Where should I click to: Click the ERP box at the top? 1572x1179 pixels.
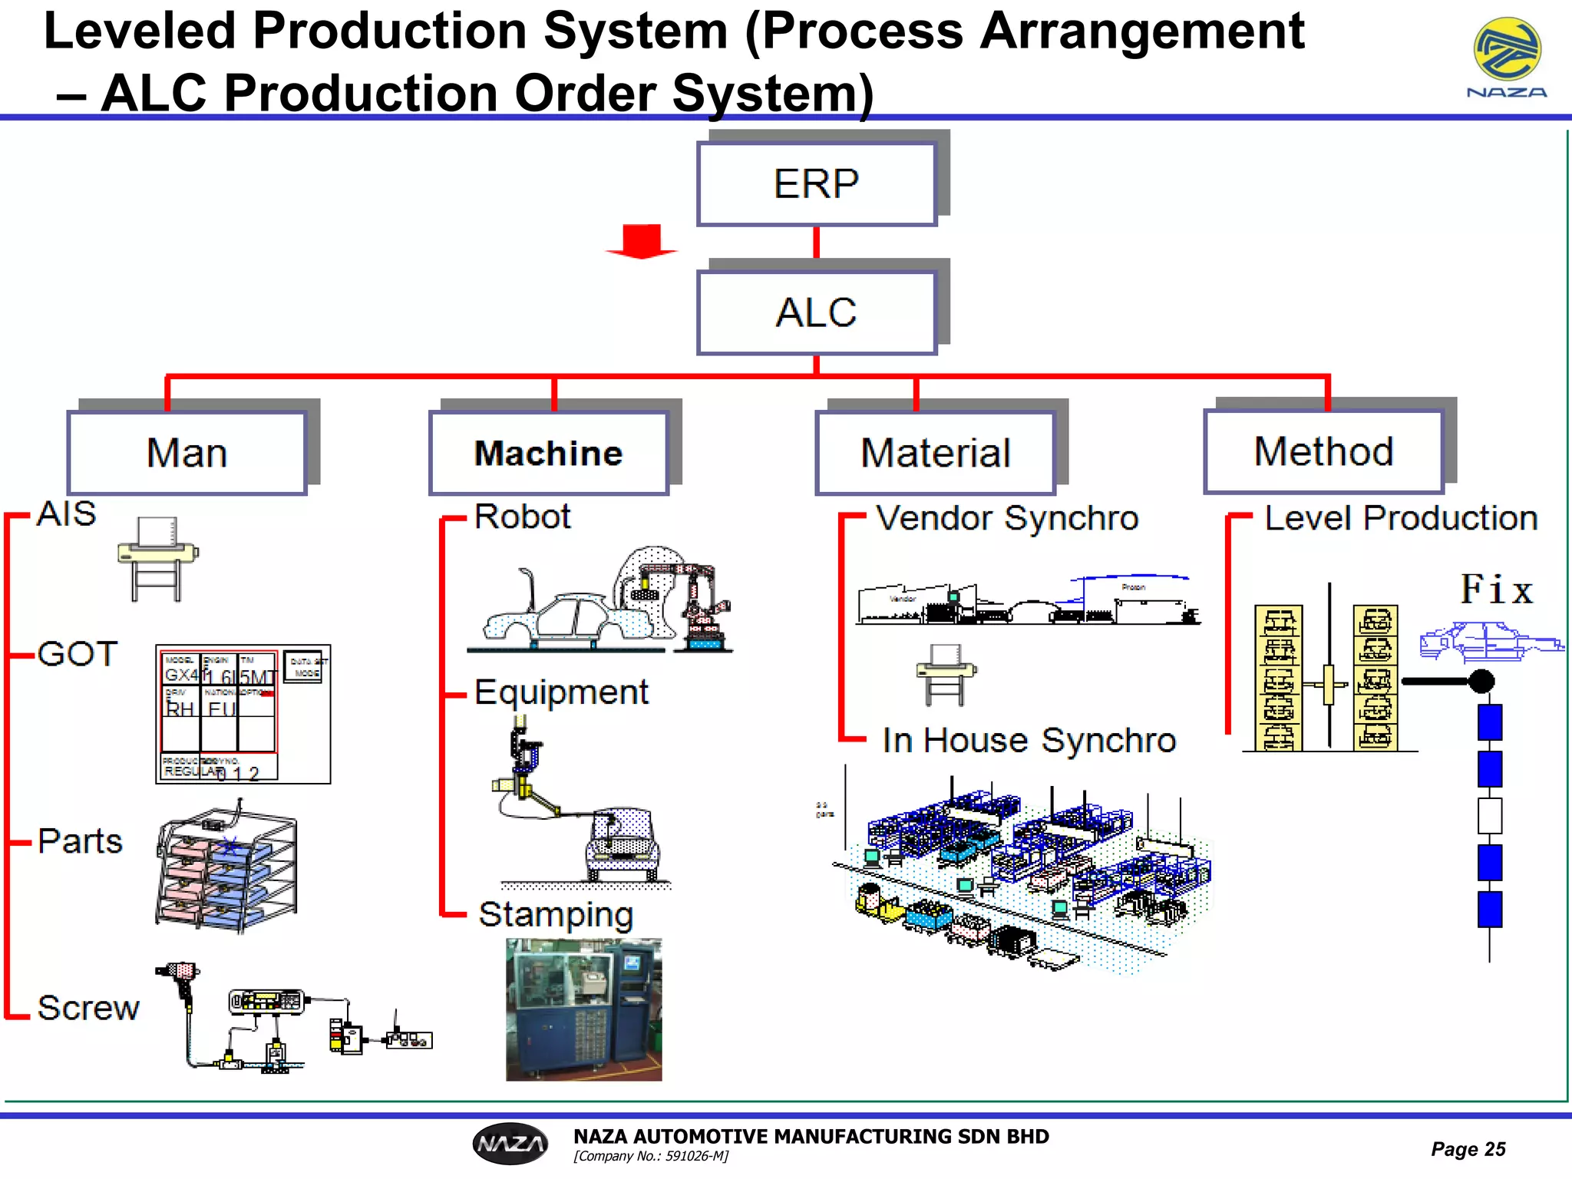pos(817,184)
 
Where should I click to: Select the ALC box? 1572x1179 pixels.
pos(817,313)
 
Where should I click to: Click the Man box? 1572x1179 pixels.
pos(187,453)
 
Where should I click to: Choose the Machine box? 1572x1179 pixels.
pos(549,453)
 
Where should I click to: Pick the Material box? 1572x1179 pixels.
pos(936,453)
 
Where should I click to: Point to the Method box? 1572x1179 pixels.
pos(1324,451)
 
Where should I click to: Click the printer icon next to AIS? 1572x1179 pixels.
pos(158,559)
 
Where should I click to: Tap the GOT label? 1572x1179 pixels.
pos(77,655)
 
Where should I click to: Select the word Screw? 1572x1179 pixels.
pos(88,1008)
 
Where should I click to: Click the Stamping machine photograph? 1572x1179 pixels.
pos(583,1009)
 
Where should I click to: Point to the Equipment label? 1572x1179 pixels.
pos(561,692)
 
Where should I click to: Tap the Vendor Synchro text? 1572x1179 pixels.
pos(1007,518)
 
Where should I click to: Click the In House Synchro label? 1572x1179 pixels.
pos(1029,741)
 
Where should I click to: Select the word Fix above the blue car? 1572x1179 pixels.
pos(1496,590)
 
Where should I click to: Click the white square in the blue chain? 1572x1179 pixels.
pos(1489,816)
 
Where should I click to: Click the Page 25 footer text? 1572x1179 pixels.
pos(1468,1149)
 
